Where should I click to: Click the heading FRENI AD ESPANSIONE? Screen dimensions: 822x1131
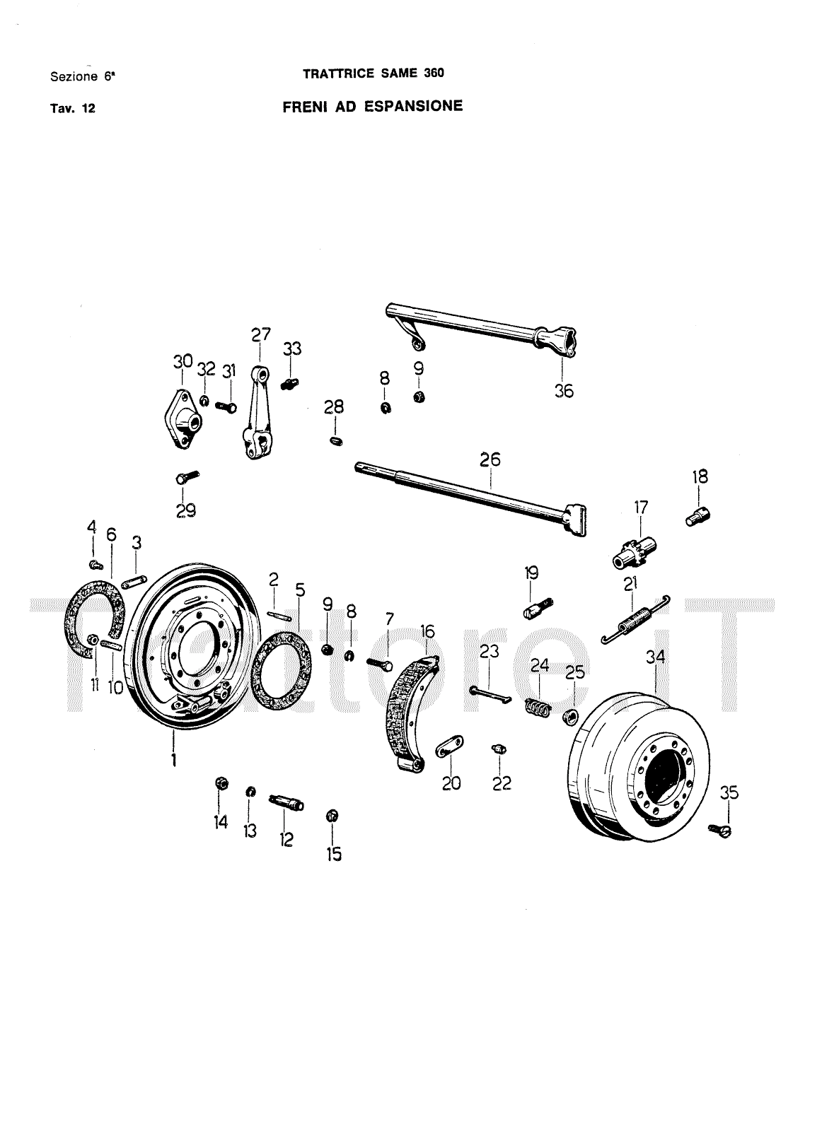[x=372, y=106]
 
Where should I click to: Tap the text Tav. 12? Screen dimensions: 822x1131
[x=73, y=109]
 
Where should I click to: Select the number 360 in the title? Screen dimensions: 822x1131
[x=434, y=74]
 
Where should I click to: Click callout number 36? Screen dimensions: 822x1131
[x=564, y=391]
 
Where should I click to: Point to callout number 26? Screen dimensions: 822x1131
[x=490, y=459]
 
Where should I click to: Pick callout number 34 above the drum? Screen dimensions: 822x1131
[x=655, y=657]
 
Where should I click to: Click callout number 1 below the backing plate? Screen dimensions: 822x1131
[x=174, y=760]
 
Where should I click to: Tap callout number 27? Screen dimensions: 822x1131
[x=261, y=334]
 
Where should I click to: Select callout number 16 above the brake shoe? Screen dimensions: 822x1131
[x=427, y=631]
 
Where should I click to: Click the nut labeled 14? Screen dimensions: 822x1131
[x=221, y=784]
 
